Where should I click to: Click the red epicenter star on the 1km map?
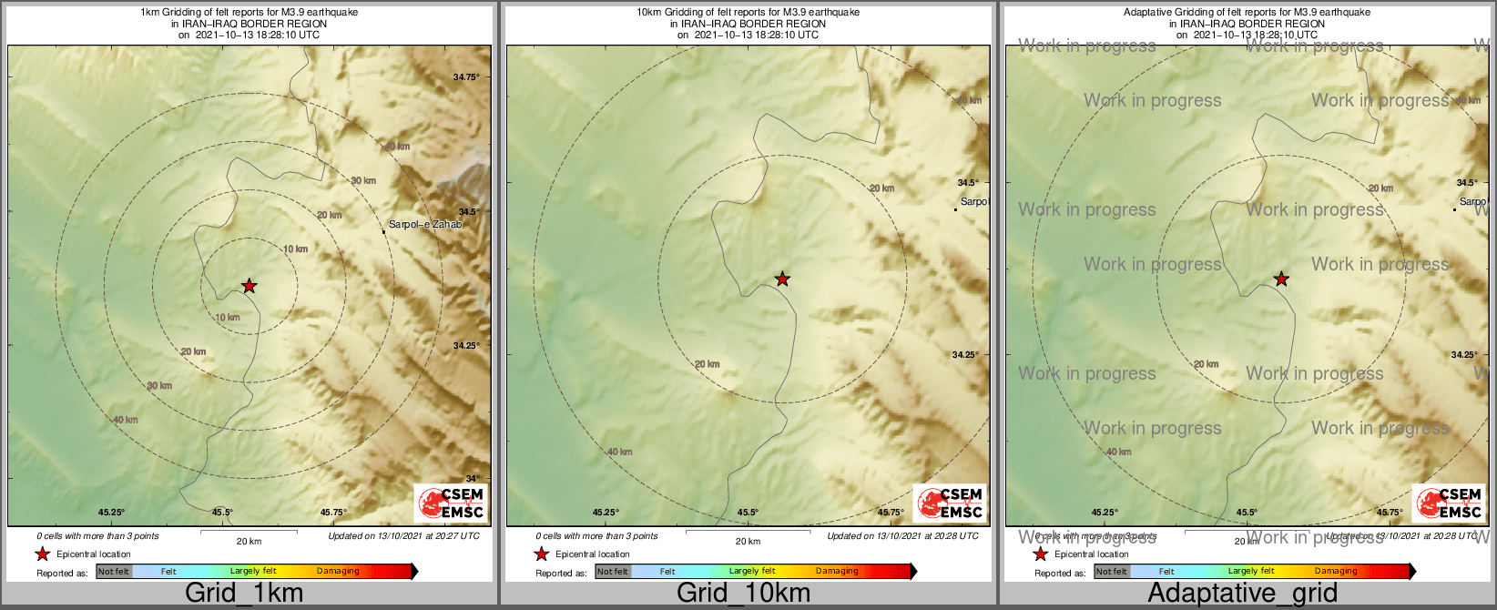point(249,286)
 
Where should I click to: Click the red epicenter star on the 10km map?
point(782,279)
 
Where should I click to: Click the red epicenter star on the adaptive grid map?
point(1281,279)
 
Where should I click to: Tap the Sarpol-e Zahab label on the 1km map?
point(425,224)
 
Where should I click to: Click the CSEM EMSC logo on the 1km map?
point(451,503)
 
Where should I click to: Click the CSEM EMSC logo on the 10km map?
point(950,503)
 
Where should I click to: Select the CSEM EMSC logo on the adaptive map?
point(1449,503)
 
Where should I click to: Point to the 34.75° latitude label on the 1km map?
point(466,77)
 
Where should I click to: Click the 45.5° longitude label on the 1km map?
point(222,513)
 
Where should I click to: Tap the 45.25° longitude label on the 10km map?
point(606,513)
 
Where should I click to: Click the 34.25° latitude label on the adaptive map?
point(1464,354)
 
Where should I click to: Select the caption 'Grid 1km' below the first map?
point(244,593)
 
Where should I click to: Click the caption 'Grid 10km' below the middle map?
point(743,593)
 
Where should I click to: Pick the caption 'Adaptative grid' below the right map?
point(1242,593)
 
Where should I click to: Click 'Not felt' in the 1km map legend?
point(114,572)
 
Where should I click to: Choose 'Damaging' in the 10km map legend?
point(837,572)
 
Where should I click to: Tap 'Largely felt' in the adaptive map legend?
point(1251,572)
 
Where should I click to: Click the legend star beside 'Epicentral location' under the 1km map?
point(42,554)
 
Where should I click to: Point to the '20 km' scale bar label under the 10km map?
point(748,542)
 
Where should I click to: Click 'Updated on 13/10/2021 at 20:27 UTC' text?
point(403,536)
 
